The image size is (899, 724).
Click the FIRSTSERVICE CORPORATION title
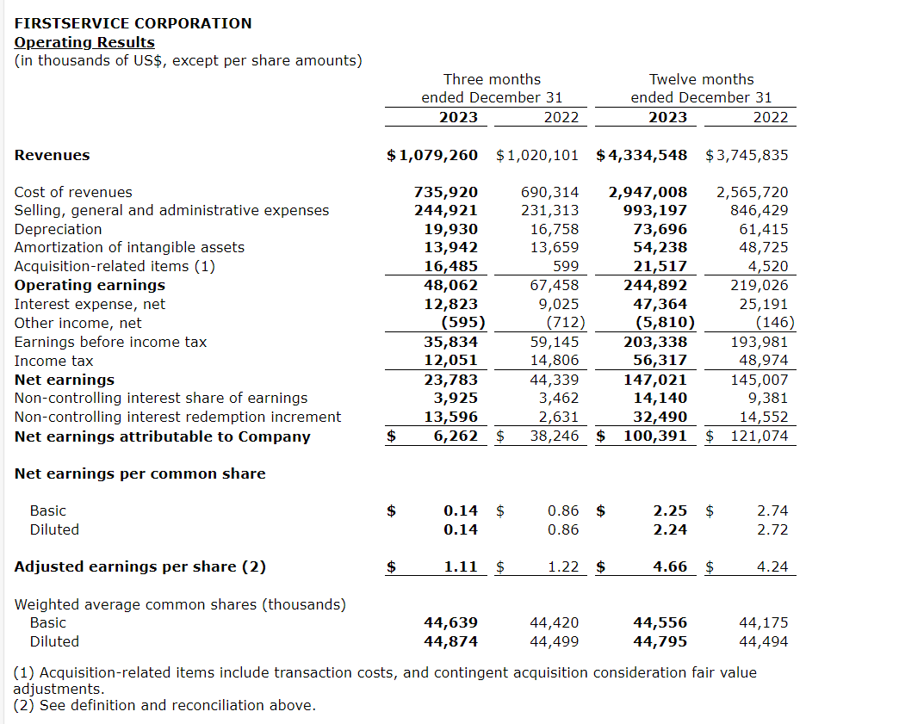[133, 23]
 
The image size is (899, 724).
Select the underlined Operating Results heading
[84, 42]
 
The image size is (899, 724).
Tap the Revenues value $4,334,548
[642, 155]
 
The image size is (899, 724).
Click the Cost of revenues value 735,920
[445, 192]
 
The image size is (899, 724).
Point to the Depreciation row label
[58, 229]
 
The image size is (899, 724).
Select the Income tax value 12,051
[450, 361]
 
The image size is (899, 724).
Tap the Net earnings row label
[65, 380]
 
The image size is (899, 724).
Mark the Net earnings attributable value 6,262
[456, 436]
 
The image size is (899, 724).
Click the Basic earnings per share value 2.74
[772, 511]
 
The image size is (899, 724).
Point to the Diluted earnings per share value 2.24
[670, 529]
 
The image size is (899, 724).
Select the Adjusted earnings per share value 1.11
[461, 566]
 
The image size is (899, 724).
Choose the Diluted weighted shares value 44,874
[450, 641]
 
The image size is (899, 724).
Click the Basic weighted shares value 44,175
[763, 622]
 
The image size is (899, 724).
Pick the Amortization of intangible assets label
[129, 247]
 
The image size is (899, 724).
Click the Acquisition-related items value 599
[565, 266]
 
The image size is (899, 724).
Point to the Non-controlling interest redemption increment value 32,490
[660, 417]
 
